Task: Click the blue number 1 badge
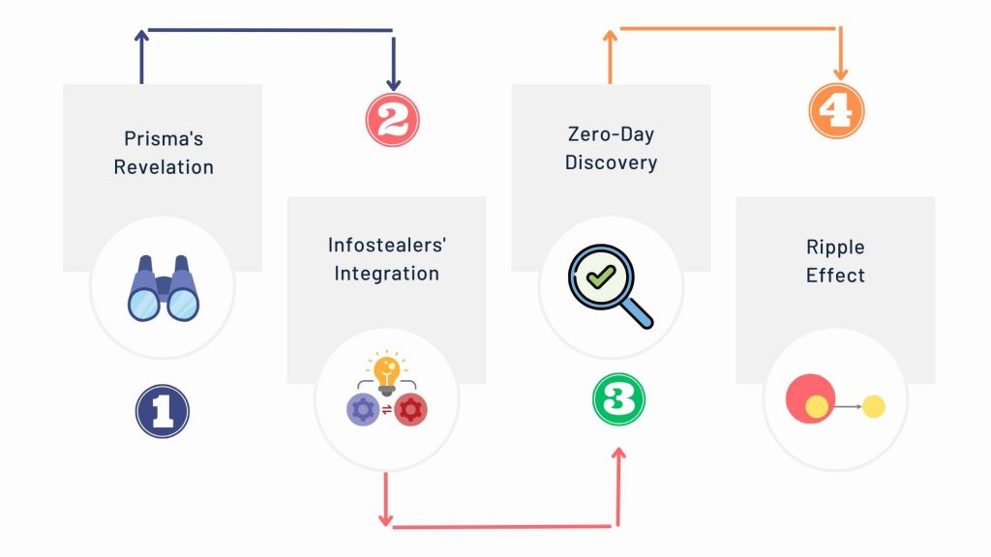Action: click(163, 411)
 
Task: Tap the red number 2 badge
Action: click(393, 120)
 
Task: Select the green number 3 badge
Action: click(618, 399)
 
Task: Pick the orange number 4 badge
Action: click(836, 111)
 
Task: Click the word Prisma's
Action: click(164, 138)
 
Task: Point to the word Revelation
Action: click(164, 166)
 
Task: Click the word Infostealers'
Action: click(387, 245)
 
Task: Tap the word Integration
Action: click(387, 273)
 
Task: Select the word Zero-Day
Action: click(612, 133)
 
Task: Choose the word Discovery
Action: click(612, 162)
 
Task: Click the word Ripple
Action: click(835, 247)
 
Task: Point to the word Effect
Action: click(835, 276)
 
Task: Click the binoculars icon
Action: click(164, 288)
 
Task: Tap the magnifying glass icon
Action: click(611, 286)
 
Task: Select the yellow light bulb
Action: click(386, 372)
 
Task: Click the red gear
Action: click(410, 410)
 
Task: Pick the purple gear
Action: click(363, 410)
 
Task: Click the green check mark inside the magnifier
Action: click(600, 276)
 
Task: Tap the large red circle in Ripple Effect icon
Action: click(810, 398)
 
